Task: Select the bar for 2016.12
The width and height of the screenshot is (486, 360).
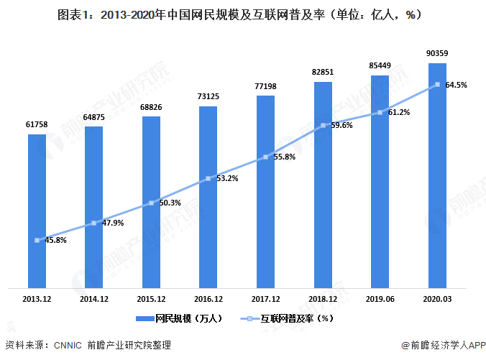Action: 208,198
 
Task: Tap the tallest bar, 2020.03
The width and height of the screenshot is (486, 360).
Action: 436,176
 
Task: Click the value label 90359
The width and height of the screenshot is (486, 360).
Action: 436,54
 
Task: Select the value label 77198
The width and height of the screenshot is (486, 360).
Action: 265,86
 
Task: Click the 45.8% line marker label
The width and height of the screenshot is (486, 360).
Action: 55,240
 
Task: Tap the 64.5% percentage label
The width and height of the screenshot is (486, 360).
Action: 457,85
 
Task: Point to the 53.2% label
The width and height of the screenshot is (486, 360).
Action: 227,178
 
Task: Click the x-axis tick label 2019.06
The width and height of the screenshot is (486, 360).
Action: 380,298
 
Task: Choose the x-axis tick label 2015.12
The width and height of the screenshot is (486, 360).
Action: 151,298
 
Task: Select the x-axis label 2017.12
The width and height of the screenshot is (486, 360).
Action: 265,298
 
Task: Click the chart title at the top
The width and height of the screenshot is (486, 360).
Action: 242,14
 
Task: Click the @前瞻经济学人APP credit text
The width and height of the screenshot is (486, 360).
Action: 440,345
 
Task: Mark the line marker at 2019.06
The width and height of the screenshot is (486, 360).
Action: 380,113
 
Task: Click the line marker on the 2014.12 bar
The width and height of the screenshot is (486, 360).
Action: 93,223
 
